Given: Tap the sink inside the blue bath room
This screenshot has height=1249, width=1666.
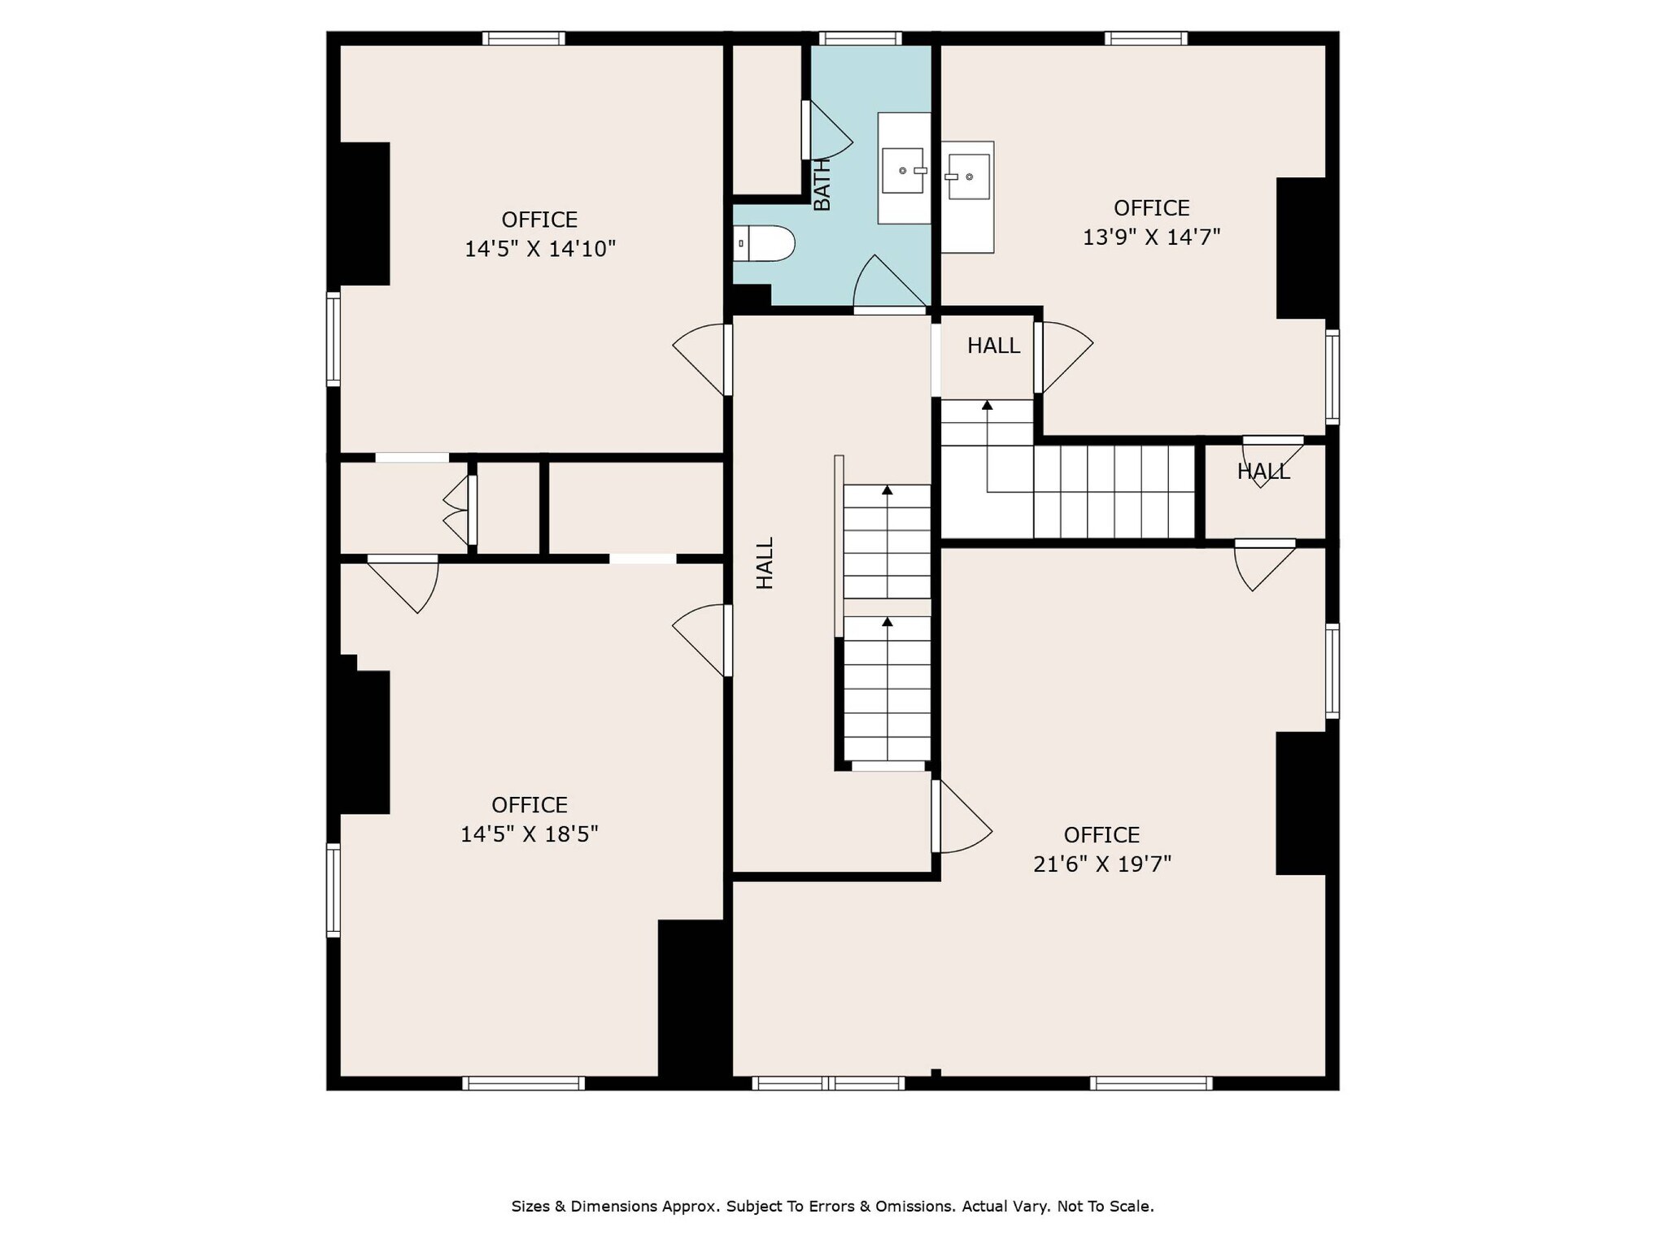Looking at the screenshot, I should click(903, 170).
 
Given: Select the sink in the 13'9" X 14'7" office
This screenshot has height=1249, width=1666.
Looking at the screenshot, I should click(968, 176).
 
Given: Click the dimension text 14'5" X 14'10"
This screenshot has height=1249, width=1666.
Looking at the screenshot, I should click(539, 249).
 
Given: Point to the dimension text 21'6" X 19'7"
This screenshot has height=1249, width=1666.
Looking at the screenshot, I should click(1101, 864).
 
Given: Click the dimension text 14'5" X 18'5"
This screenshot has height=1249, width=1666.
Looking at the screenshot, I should click(529, 834).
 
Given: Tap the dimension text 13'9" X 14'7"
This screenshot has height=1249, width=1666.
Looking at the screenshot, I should click(1151, 237).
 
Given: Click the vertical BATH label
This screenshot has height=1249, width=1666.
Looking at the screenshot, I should click(822, 185).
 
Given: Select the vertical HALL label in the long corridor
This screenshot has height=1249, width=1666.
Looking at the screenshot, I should click(765, 563).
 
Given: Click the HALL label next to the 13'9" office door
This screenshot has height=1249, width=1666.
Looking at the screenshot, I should click(992, 346).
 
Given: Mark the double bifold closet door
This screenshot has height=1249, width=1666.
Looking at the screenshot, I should click(458, 510).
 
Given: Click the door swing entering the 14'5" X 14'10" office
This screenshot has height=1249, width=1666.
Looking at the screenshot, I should click(700, 358).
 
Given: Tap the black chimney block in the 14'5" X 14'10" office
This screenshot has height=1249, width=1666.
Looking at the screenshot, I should click(364, 214).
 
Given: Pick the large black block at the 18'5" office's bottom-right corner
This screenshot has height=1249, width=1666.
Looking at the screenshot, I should click(691, 999).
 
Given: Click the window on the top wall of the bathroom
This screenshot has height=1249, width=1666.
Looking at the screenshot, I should click(860, 38).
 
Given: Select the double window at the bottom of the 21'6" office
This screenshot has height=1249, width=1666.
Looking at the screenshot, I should click(828, 1083).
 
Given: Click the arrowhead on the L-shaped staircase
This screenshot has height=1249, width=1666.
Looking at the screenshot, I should click(987, 404).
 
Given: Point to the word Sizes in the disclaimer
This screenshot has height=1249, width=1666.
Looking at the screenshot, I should click(530, 1206).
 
